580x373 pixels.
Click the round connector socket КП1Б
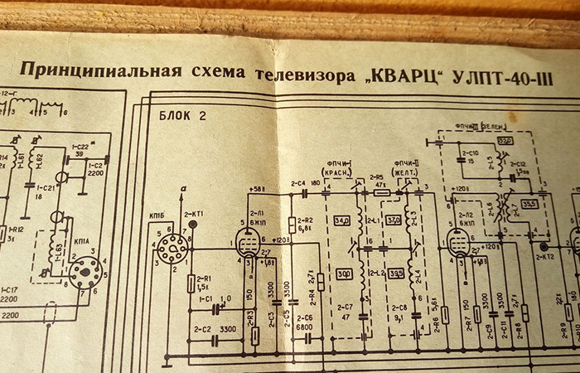click(x=172, y=246)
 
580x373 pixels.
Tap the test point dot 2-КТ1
click(x=192, y=223)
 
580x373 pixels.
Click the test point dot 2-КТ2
click(x=544, y=247)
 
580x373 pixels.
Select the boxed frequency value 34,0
click(x=342, y=221)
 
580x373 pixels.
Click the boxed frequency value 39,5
click(x=396, y=274)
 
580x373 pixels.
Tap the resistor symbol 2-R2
click(x=291, y=224)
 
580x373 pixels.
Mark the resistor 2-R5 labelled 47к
click(x=382, y=192)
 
